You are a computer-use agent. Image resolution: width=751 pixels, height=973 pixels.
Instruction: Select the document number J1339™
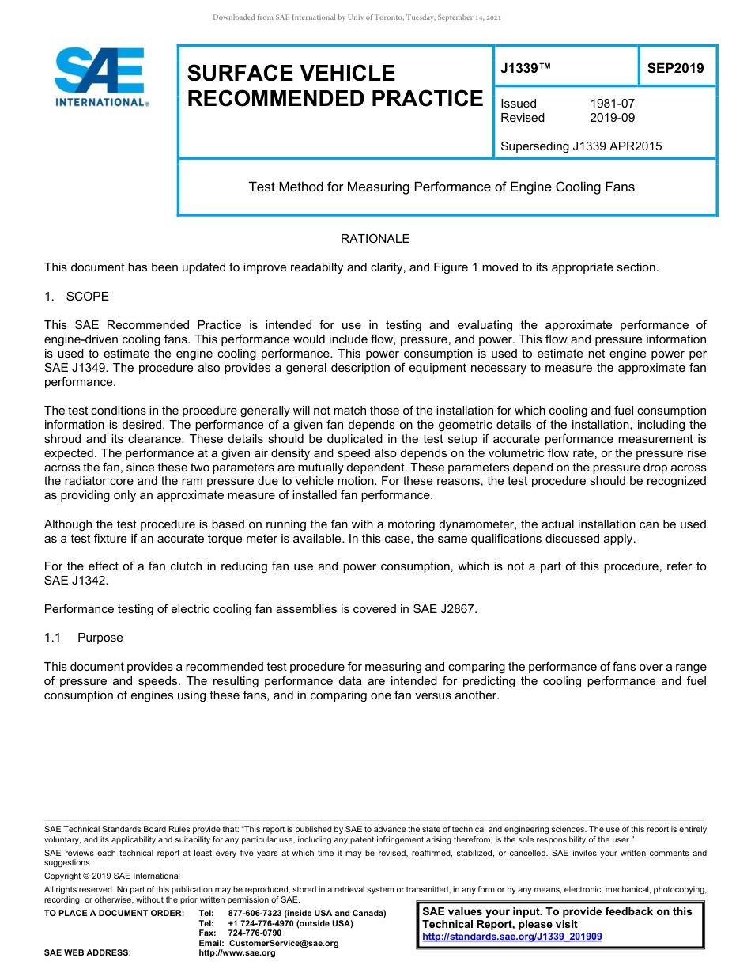click(526, 68)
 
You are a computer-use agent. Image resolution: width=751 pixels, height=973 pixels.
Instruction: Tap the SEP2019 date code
click(675, 68)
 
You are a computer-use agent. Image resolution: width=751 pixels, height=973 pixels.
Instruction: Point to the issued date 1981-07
click(612, 104)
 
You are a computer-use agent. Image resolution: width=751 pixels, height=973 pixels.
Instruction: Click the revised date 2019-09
click(612, 118)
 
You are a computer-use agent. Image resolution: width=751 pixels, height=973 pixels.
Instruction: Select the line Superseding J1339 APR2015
click(581, 146)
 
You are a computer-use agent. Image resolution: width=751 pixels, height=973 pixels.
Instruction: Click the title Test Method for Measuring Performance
click(441, 187)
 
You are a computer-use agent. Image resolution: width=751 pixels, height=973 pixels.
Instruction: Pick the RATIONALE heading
click(375, 239)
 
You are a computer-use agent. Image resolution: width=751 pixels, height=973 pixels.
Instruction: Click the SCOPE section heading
click(87, 297)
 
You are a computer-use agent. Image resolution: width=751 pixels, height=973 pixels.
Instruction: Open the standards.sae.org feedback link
click(512, 937)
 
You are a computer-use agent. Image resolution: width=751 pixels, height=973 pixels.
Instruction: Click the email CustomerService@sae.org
click(283, 943)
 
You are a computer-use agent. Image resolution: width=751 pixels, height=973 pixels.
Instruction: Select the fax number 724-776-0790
click(255, 933)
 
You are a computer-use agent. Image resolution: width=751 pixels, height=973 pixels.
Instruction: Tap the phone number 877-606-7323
click(255, 913)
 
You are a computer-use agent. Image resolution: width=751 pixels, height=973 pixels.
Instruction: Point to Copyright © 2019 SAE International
click(112, 876)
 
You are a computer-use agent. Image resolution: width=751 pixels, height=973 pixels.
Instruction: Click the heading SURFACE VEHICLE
click(291, 74)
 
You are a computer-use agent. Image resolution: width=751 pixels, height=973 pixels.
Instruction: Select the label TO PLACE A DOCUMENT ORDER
click(114, 913)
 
